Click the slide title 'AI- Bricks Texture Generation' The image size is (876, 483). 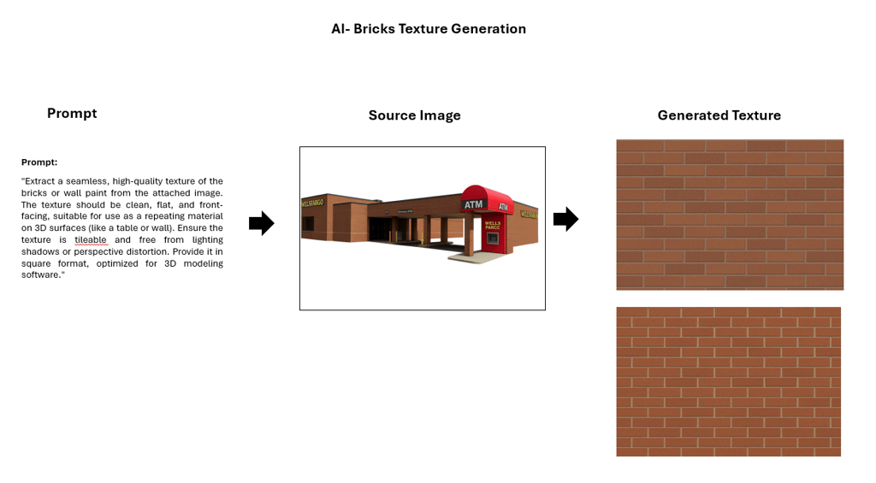(429, 29)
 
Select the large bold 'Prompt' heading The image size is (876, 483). (72, 113)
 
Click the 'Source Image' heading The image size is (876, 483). (414, 115)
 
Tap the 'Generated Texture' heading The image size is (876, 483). (719, 115)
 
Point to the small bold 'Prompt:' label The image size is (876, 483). (39, 162)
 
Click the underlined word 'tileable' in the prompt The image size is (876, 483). (91, 240)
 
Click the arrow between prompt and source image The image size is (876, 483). (261, 224)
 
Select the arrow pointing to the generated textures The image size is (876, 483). (565, 220)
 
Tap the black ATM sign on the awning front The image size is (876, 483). (473, 204)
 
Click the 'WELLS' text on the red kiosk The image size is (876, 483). (494, 222)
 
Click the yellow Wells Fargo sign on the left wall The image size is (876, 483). (313, 203)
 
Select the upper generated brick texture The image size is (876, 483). (730, 215)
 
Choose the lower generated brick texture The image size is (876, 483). (728, 381)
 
